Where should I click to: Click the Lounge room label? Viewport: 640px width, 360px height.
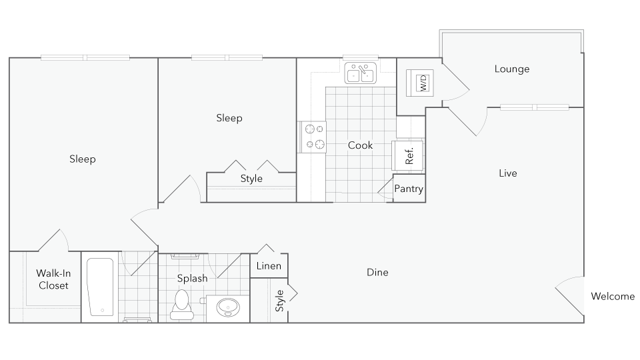pos(512,69)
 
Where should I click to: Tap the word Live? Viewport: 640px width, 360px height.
pos(508,173)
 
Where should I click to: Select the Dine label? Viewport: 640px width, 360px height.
pos(377,272)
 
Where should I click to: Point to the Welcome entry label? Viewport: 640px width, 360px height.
pos(613,296)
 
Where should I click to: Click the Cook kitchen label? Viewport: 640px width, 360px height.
pos(360,145)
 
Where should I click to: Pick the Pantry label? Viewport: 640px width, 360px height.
pos(409,189)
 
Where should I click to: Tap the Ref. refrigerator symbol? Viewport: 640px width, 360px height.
pos(408,156)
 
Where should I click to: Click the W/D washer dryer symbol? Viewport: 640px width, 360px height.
pos(420,83)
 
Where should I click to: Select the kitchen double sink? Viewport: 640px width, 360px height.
pos(360,73)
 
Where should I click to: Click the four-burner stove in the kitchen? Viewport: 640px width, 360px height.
pos(314,137)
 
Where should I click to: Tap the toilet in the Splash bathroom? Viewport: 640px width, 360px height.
pos(182,304)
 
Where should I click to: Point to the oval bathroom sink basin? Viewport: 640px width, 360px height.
pos(228,307)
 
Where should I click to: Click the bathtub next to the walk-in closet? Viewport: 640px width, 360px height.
pos(100,287)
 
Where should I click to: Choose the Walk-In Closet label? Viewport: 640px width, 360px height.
pos(53,279)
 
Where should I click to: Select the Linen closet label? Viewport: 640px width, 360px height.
pos(269,266)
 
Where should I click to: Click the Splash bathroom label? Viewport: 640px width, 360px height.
pos(192,278)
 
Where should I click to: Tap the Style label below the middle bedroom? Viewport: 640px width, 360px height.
pos(251,178)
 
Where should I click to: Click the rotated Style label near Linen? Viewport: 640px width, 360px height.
pos(280,300)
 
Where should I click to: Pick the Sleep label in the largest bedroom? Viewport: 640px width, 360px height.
pos(82,159)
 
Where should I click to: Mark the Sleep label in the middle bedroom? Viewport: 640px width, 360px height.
pos(229,118)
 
